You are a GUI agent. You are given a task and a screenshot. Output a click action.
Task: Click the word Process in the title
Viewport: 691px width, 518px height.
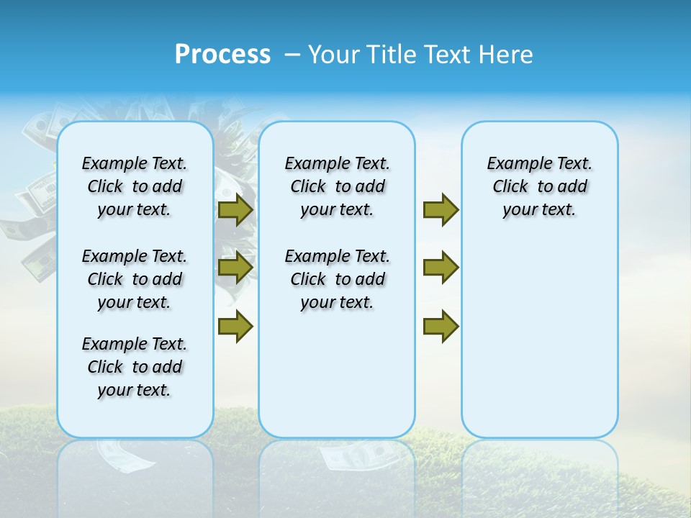point(222,55)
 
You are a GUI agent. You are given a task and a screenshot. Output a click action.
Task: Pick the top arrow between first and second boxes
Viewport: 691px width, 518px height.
point(235,210)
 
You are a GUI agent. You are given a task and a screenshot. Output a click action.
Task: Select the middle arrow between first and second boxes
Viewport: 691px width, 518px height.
point(235,268)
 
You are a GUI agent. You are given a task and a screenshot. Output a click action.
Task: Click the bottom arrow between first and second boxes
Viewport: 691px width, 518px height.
point(235,326)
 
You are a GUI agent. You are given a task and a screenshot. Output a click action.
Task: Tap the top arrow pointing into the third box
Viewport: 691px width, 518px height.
point(441,210)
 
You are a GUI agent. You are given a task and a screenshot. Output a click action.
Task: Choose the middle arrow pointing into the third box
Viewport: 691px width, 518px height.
point(441,268)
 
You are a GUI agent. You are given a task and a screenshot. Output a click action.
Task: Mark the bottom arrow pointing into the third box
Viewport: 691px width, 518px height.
point(441,326)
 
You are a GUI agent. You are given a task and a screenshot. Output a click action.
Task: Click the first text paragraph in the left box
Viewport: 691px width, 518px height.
point(135,186)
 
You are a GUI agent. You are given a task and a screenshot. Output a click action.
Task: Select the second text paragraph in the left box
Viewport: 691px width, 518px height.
point(135,279)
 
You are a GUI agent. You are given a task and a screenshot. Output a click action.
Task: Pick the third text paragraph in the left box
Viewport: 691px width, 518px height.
point(135,367)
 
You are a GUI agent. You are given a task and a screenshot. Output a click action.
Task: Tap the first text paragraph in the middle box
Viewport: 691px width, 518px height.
point(337,186)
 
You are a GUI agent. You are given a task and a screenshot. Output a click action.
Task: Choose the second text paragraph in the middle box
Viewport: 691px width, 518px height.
point(337,279)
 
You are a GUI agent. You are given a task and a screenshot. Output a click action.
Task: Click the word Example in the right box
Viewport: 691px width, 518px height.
point(513,164)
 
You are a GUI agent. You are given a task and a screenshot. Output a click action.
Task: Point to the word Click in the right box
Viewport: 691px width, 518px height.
point(510,187)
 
